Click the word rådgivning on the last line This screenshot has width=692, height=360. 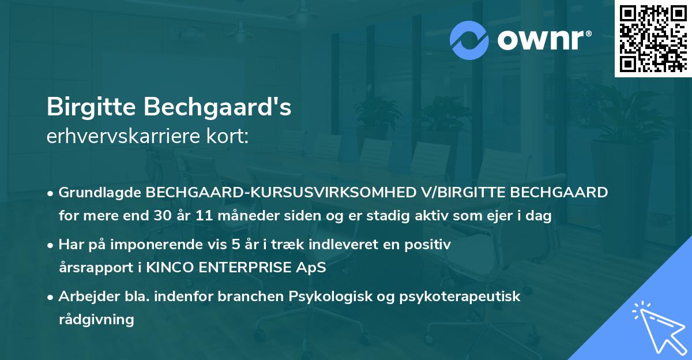[x=96, y=320]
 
